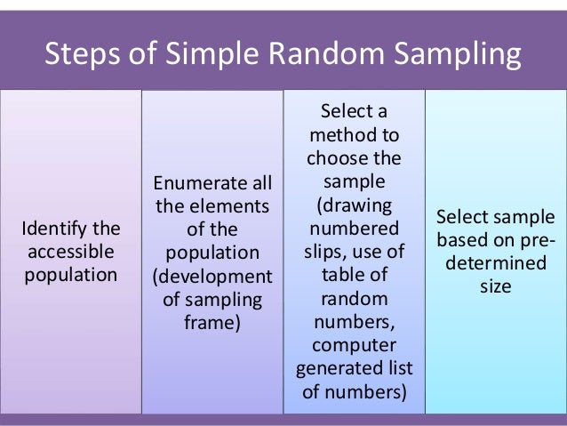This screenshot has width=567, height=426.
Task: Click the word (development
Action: [213, 275]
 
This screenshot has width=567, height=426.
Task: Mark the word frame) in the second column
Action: [212, 321]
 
